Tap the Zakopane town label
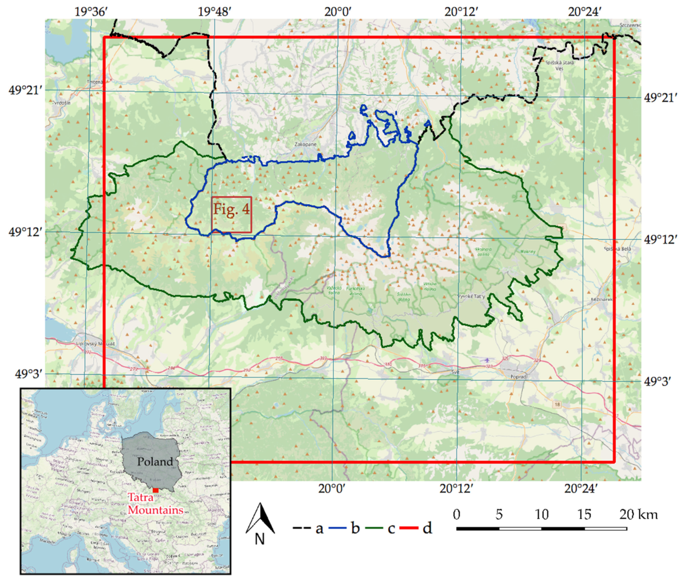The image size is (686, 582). pos(305,144)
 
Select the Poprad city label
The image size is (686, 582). pos(518,377)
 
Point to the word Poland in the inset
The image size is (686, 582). pos(155,462)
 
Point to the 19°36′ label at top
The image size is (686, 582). pos(91,12)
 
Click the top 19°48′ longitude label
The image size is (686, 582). pos(215,12)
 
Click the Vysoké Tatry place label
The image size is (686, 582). pos(472,296)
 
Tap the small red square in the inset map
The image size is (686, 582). pos(156,490)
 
